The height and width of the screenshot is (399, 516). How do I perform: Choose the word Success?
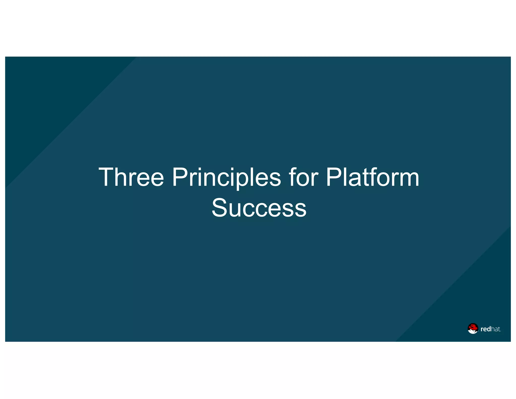(x=259, y=208)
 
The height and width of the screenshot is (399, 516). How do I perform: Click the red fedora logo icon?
(x=473, y=328)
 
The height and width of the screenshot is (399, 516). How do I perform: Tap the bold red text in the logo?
(x=486, y=329)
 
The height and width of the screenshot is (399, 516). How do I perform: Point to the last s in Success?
(x=301, y=210)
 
